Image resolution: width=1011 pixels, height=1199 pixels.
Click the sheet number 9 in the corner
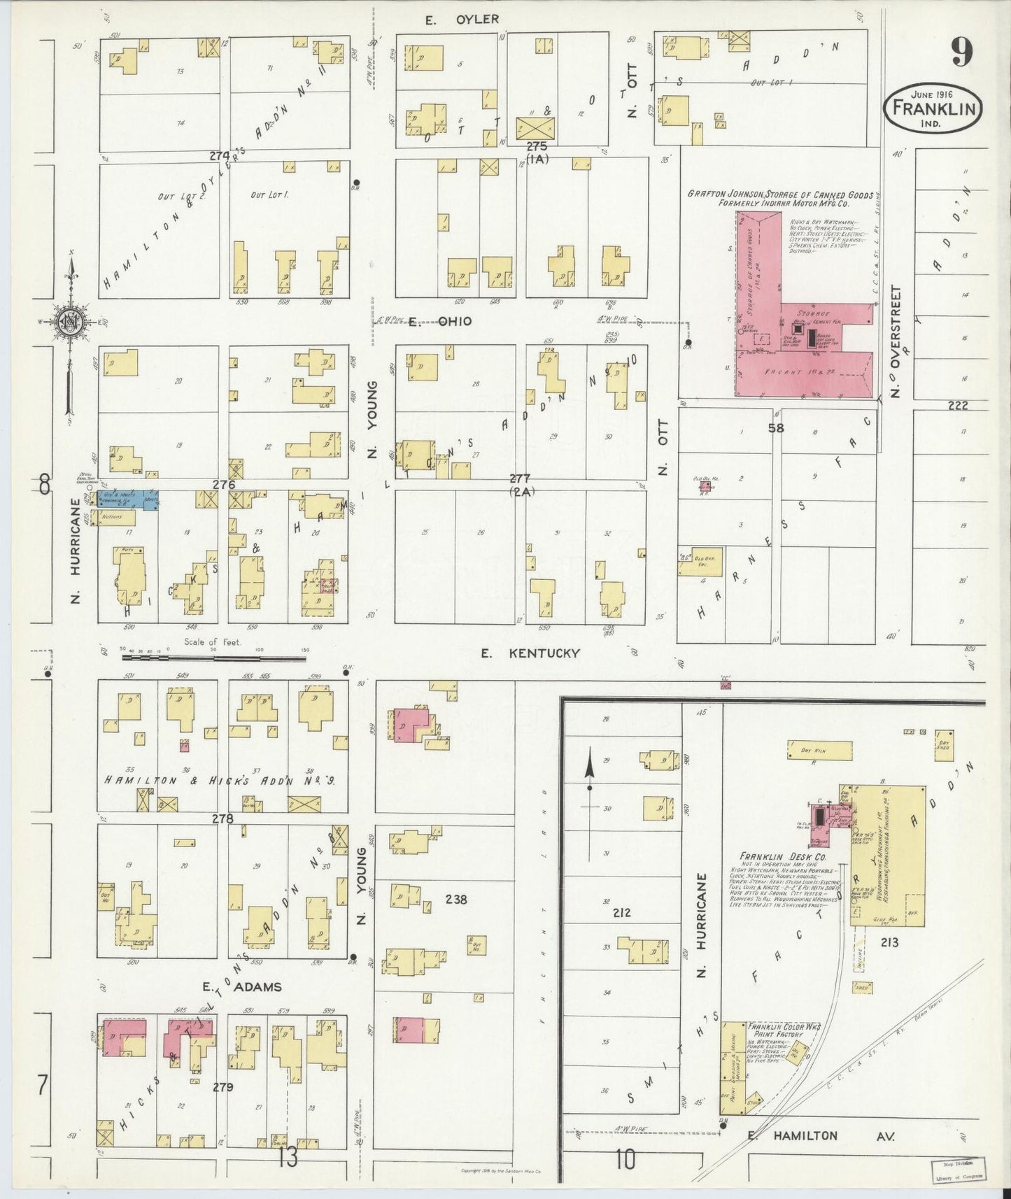click(x=961, y=52)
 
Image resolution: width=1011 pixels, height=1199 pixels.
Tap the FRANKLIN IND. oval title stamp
click(x=934, y=108)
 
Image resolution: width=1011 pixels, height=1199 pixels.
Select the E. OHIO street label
click(x=440, y=322)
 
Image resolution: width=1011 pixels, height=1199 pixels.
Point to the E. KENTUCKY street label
click(x=530, y=653)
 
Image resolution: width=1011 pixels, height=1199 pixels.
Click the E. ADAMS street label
click(x=242, y=987)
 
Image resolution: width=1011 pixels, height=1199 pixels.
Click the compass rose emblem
click(x=71, y=322)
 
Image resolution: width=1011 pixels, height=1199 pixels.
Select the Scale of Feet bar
click(x=213, y=657)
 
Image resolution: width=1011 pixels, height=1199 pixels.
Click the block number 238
click(x=456, y=900)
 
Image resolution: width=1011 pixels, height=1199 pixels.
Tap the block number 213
click(x=889, y=942)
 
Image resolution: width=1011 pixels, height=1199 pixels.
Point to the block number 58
click(x=775, y=427)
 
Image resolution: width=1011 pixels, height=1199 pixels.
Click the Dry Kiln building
click(x=820, y=750)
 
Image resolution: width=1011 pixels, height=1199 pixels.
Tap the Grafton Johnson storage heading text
click(x=777, y=199)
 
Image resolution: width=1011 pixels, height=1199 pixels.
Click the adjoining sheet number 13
click(x=288, y=1158)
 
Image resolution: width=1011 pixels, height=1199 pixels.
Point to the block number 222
click(x=958, y=406)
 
